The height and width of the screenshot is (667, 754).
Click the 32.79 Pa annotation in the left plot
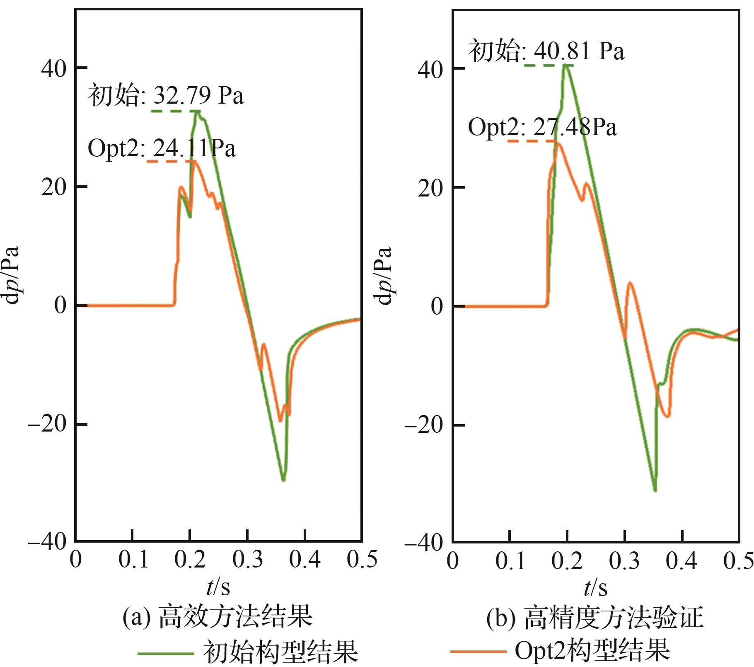click(x=166, y=95)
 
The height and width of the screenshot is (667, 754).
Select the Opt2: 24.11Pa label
click(x=162, y=148)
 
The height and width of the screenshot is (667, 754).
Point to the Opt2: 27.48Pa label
click(x=542, y=127)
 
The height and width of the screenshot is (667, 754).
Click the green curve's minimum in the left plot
click(x=283, y=480)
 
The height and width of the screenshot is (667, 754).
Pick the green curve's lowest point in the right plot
click(x=655, y=490)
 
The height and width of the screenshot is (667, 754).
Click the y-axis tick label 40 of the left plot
click(x=54, y=69)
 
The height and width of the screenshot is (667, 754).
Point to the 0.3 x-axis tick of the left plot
click(x=247, y=560)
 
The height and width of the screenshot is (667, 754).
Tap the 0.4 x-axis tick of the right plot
click(x=681, y=560)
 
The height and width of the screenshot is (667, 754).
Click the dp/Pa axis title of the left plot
click(x=12, y=275)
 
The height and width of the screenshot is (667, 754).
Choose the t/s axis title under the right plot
click(x=595, y=588)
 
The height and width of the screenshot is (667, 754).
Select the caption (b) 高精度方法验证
click(x=594, y=617)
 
